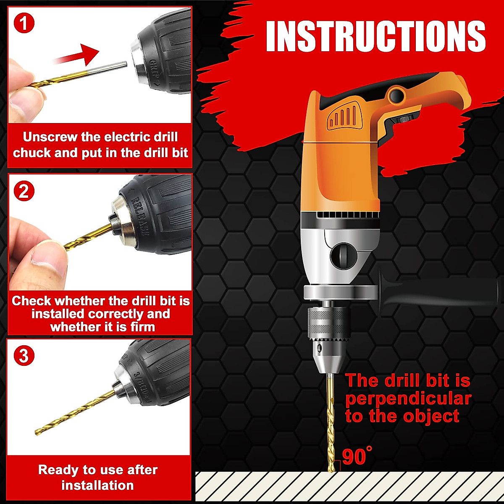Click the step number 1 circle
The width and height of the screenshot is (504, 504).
tap(24, 23)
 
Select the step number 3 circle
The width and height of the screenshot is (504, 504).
tap(24, 356)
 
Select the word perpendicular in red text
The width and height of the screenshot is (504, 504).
tap(408, 399)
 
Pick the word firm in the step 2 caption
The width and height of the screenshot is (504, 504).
tap(142, 327)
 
